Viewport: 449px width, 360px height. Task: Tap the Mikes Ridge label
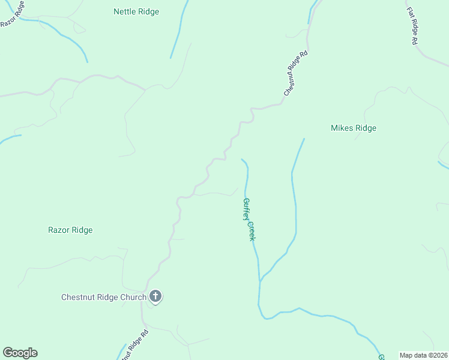[x=354, y=128]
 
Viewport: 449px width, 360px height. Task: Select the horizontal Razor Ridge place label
[x=70, y=230]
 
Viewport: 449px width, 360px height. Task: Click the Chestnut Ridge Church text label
[x=104, y=297]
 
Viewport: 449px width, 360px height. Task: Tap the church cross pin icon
[x=155, y=296]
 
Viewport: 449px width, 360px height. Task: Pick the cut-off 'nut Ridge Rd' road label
[x=135, y=346]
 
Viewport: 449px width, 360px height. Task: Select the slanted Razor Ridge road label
[x=11, y=13]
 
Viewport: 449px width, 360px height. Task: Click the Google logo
[x=20, y=353]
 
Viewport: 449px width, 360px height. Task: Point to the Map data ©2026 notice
[x=423, y=355]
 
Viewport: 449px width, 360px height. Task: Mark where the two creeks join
[x=259, y=281]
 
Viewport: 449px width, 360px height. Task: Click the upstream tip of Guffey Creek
[x=241, y=160]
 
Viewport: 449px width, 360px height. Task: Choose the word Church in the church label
[x=132, y=297]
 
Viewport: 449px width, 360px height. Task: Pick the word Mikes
[x=342, y=128]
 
